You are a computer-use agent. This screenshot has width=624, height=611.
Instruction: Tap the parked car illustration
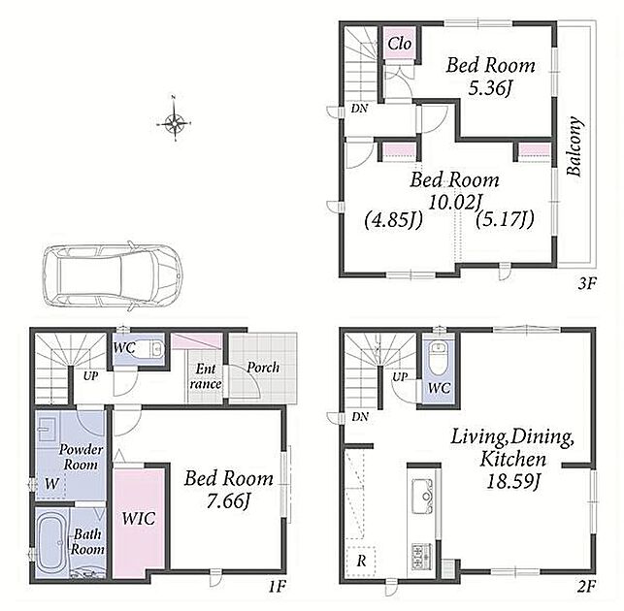tap(113, 276)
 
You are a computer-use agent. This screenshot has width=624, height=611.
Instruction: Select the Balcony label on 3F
tap(575, 146)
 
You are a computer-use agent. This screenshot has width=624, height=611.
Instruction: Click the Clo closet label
tap(400, 44)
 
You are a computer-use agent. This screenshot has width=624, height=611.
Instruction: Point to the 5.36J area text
tap(489, 88)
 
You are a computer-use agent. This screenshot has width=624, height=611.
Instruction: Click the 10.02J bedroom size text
tap(453, 202)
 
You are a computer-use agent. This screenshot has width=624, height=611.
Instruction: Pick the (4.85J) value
tap(393, 220)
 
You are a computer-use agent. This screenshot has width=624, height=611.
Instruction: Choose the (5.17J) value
tap(505, 218)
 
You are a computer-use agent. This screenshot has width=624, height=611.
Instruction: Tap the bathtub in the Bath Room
tap(52, 543)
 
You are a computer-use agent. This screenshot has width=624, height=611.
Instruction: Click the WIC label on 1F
tap(139, 518)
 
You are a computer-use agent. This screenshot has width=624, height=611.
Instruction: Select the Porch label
tap(263, 368)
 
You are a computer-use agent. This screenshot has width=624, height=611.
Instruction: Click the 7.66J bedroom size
tap(228, 500)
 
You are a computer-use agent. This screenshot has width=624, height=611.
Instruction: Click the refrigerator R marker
tap(361, 561)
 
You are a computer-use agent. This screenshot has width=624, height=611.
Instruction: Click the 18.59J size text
tap(512, 481)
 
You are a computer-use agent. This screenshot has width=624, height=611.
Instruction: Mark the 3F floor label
tap(587, 283)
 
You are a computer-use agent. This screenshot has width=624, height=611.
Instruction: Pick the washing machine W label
tap(51, 484)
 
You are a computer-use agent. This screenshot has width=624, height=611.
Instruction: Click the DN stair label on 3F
tap(359, 109)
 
